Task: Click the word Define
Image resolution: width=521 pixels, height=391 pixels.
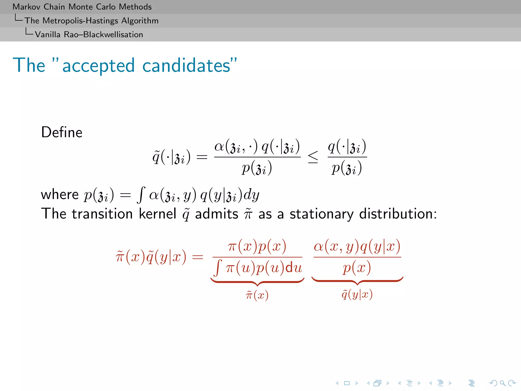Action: coord(62,132)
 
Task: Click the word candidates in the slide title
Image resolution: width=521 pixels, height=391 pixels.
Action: coord(186,65)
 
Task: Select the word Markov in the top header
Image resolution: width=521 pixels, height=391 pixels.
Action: coord(26,7)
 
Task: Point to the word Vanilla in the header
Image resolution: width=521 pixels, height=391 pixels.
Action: coord(48,34)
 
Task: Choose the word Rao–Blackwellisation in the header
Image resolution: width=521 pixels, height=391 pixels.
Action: coord(103,34)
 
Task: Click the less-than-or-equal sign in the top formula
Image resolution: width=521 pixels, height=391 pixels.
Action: coord(313,157)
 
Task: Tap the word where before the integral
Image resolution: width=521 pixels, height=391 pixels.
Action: coord(60,195)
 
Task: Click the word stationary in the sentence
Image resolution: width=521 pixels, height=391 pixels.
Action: coord(322,214)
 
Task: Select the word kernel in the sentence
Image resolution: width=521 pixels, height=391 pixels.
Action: coord(157,214)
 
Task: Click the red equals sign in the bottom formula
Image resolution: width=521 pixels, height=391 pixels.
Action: coord(198,257)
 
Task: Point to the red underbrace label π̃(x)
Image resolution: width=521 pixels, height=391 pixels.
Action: coord(257,295)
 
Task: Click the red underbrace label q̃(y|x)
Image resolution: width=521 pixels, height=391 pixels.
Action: coord(357,295)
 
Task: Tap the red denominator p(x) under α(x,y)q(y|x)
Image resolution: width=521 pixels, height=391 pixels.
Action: coord(357,268)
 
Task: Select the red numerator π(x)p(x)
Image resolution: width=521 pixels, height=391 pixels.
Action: coord(257,246)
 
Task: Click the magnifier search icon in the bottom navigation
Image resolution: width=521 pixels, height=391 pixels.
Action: coord(502,383)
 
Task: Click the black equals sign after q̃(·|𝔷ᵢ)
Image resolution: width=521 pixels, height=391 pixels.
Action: coord(202,157)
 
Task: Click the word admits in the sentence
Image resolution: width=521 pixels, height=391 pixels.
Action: coord(216,214)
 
